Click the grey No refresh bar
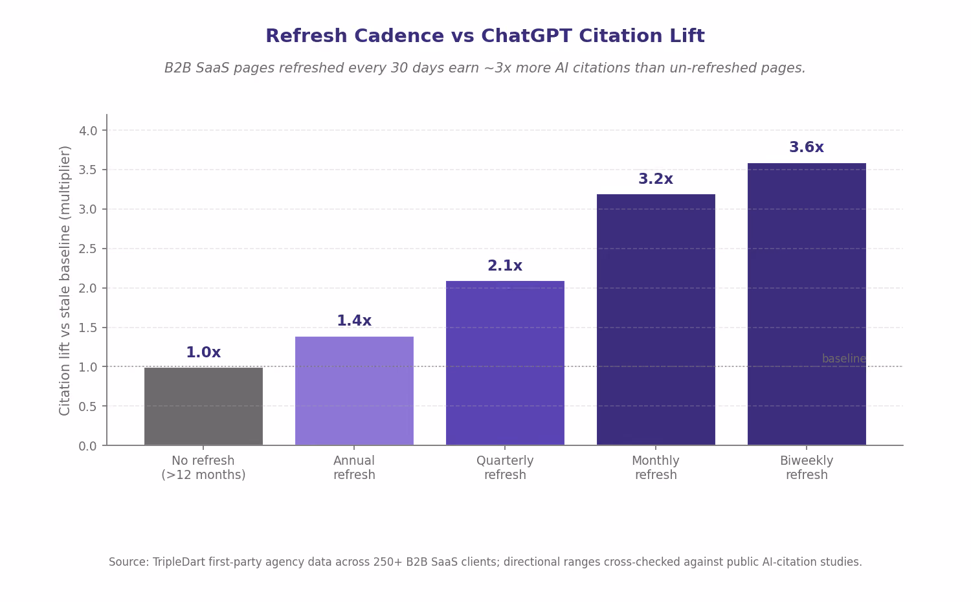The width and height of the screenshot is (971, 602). coord(203,406)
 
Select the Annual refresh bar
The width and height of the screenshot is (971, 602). coord(354,391)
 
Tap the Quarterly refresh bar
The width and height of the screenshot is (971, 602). coord(505,363)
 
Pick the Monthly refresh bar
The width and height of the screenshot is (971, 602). coord(656,320)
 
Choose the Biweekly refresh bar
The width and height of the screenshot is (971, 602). coord(807,304)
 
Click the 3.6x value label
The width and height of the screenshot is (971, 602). coord(807,148)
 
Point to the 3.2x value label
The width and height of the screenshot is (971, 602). coord(655,179)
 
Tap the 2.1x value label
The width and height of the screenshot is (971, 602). coord(504,265)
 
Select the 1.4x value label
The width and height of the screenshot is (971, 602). coord(354,320)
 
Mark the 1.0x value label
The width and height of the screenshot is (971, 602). coord(203,352)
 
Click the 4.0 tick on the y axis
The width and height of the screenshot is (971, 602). coord(88,131)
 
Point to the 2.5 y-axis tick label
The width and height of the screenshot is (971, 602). coord(88,249)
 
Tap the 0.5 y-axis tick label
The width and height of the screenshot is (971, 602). coord(88,407)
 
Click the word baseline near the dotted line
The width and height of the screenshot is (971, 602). coord(843,359)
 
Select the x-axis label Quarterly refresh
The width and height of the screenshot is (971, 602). coord(505,467)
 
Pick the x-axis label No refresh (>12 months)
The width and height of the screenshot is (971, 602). coord(203,467)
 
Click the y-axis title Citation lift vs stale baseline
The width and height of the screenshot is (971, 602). coord(65,281)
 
